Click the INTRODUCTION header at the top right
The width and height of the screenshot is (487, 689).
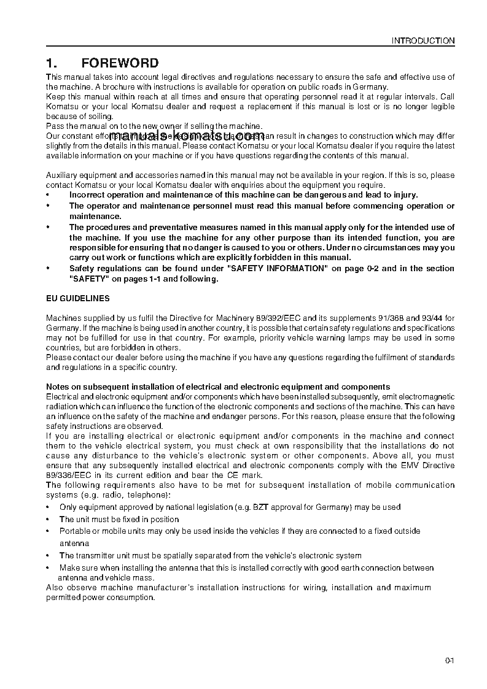423,41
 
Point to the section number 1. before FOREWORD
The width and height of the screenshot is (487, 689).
52,63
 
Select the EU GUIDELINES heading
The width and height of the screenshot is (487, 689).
78,298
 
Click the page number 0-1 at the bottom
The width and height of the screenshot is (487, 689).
450,661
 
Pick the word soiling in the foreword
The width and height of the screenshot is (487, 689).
99,117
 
